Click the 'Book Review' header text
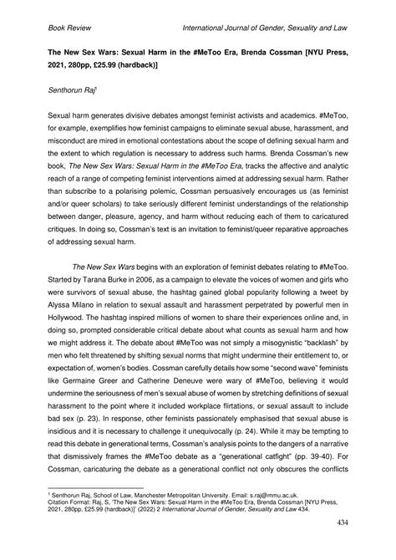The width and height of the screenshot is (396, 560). pos(56,28)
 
